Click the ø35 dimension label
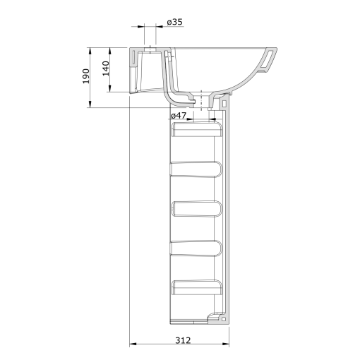tap(174, 23)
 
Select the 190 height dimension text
tap(85, 77)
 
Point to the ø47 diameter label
tap(179, 115)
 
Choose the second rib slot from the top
tap(197, 168)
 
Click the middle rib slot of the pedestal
tap(197, 208)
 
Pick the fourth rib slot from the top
tap(197, 247)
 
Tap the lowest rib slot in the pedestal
tap(197, 286)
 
